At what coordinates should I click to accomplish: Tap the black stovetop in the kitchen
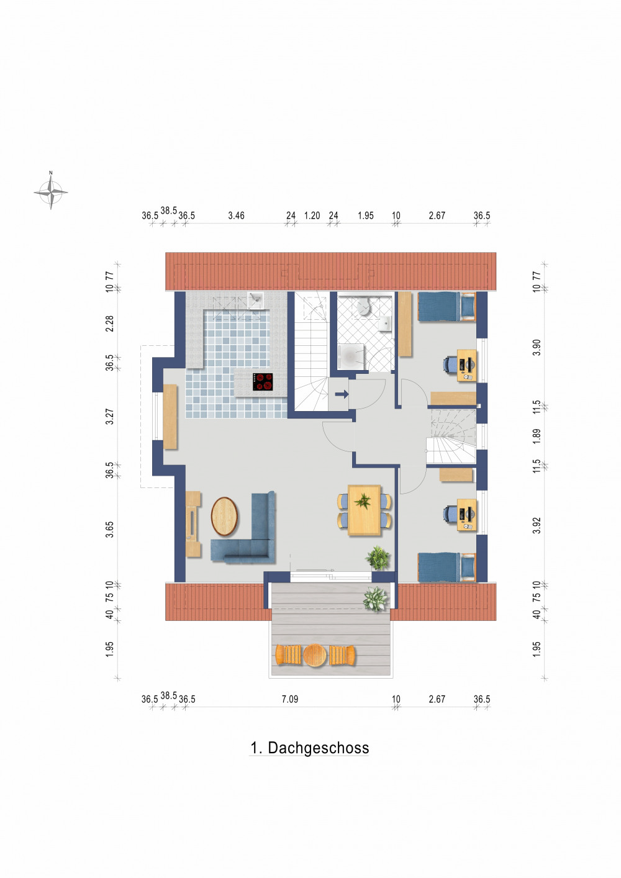(x=263, y=381)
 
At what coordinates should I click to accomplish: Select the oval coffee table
(x=224, y=516)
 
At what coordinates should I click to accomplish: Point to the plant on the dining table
(x=362, y=501)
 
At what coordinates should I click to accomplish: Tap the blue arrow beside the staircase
(x=342, y=394)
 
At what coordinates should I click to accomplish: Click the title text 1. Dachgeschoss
(x=309, y=748)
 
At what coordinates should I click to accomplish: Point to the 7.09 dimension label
(x=290, y=699)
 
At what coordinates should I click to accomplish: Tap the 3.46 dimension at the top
(x=236, y=215)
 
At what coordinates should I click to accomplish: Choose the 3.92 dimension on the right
(x=537, y=525)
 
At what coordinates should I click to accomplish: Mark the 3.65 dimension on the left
(x=110, y=529)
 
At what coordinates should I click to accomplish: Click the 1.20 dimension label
(x=312, y=215)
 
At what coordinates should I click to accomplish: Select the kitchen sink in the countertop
(x=255, y=301)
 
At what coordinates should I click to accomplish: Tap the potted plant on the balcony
(x=376, y=599)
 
